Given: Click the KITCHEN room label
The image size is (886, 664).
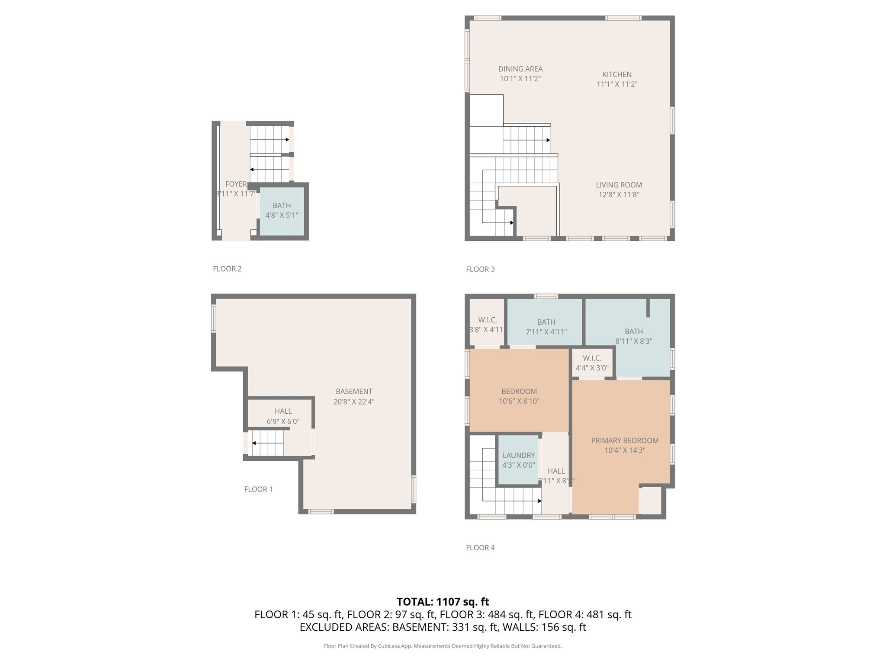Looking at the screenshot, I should (617, 74).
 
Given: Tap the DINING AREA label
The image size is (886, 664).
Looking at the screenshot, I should (520, 69).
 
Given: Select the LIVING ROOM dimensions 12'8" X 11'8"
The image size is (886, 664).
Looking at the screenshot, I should (619, 195).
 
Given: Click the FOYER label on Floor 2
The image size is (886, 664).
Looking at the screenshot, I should (236, 184).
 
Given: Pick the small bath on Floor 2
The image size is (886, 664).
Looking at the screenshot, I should (282, 211).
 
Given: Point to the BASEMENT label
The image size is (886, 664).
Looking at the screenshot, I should (354, 392).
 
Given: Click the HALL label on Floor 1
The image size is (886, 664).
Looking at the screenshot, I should (283, 411).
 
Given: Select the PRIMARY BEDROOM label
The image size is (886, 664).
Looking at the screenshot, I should (625, 441).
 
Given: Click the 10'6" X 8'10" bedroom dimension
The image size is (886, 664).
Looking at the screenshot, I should (519, 401).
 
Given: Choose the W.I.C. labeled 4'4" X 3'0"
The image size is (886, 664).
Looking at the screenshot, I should (592, 363).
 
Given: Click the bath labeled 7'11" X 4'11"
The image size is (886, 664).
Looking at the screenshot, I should (546, 327).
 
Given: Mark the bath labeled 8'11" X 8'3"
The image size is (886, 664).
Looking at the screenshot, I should (634, 336).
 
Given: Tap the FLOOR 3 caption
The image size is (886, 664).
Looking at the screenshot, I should (480, 269).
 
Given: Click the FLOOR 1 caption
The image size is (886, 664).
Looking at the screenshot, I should (258, 489).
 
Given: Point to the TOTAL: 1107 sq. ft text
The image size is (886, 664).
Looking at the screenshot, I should (443, 602).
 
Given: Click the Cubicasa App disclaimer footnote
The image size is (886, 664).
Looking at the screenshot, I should (443, 646).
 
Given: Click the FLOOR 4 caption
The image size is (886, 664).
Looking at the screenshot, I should (480, 548).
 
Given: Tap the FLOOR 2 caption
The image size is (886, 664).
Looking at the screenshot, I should (227, 269).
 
